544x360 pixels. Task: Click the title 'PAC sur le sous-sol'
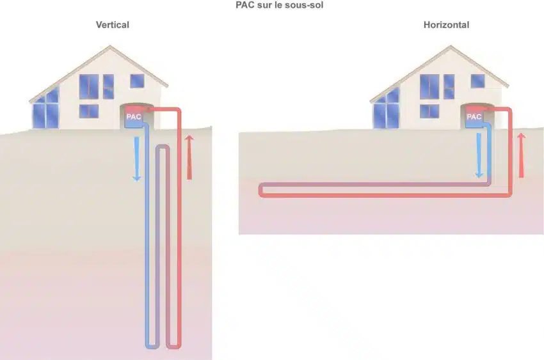click(279, 5)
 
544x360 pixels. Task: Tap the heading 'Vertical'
click(113, 25)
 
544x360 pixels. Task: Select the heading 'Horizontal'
click(446, 25)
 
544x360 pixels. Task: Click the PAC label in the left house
click(134, 116)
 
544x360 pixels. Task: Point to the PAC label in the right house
click(474, 116)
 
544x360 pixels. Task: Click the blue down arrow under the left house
click(137, 159)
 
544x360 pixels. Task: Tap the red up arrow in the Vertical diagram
click(189, 158)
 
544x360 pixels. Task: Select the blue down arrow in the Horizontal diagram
click(479, 155)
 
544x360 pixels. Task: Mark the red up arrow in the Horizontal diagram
click(521, 155)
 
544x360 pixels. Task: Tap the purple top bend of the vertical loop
click(163, 147)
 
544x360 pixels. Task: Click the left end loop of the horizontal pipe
click(261, 190)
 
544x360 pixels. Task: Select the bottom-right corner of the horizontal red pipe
click(509, 195)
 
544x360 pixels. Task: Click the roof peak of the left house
click(110, 47)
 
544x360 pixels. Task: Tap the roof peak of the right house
click(451, 47)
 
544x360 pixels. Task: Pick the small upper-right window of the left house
click(137, 81)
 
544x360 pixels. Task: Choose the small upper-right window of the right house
click(477, 81)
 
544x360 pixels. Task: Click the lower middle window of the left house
click(89, 111)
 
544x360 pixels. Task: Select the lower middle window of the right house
click(429, 111)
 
